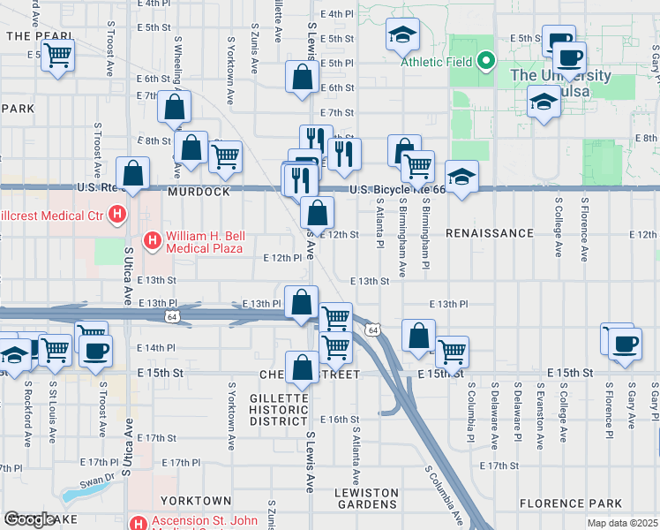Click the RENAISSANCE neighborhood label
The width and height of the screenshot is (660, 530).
coord(489,233)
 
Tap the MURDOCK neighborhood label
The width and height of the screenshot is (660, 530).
coord(199,192)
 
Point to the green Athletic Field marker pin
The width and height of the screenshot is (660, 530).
coord(484,62)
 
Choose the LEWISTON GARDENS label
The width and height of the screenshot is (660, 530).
coord(365,498)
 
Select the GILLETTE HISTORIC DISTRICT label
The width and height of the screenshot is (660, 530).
coord(279,409)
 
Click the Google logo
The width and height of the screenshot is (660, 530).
coord(29,519)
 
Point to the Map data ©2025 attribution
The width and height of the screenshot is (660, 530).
coord(622,523)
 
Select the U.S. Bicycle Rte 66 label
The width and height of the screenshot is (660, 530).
coord(394,190)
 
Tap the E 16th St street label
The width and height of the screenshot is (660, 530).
coord(340,419)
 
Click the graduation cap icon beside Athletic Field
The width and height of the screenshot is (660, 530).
coord(403,36)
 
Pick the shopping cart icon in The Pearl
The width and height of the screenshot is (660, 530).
coord(58,56)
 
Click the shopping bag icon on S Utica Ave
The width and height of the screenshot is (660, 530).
coord(132,174)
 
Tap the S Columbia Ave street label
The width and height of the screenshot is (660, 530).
coord(443,495)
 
